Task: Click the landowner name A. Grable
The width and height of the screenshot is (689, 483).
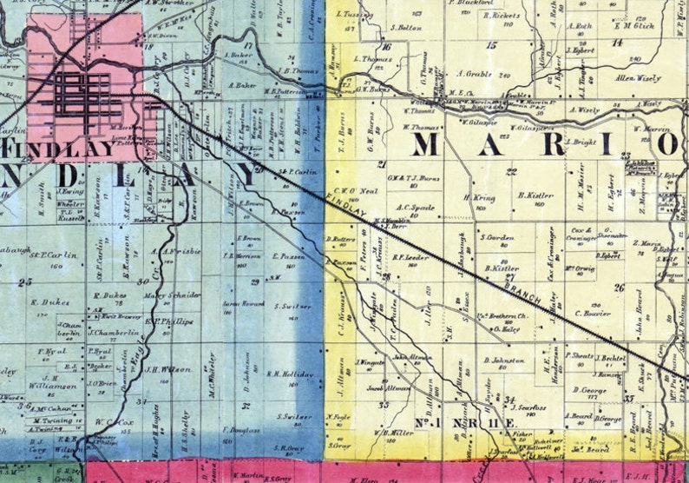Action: [474, 74]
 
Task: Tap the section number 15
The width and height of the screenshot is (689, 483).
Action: [492, 44]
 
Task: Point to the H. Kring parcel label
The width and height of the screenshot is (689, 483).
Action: [480, 198]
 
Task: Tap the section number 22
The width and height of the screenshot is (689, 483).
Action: [511, 171]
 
